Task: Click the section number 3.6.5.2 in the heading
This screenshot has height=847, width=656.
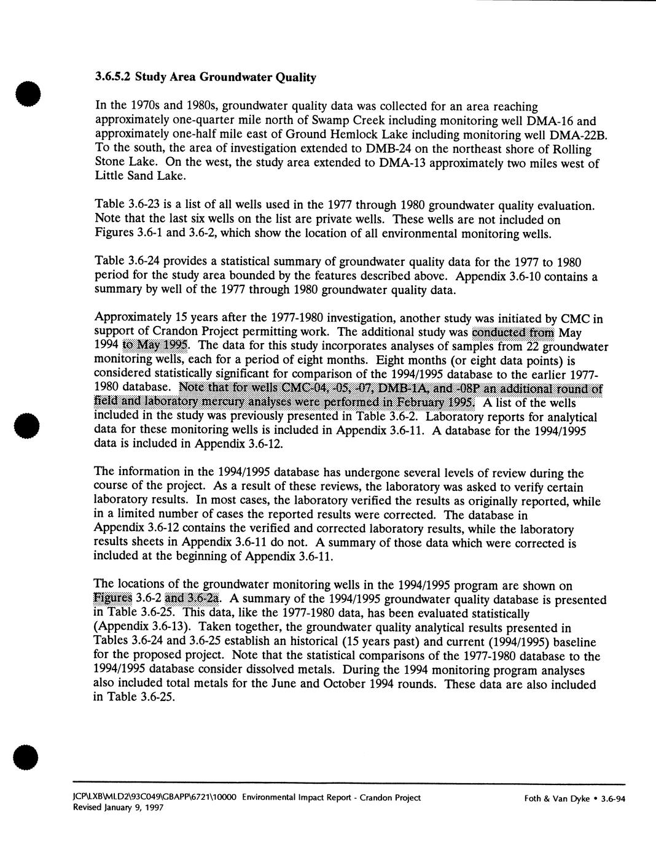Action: pyautogui.click(x=114, y=77)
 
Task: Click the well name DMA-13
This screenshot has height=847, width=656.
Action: pyautogui.click(x=402, y=164)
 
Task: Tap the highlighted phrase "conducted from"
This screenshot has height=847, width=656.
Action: pyautogui.click(x=512, y=333)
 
